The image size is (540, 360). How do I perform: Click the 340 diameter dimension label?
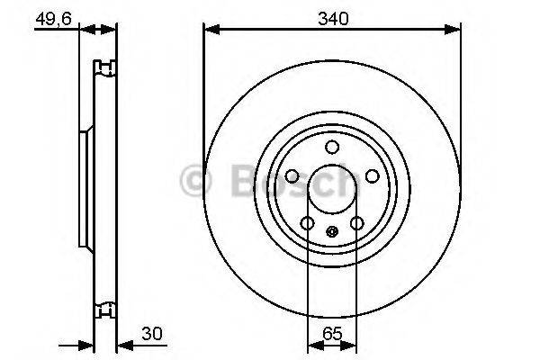331,17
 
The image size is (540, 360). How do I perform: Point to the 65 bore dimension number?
331,332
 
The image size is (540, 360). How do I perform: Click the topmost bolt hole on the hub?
331,148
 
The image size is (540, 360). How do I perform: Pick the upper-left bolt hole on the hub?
292,176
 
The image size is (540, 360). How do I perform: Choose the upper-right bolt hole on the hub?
372,176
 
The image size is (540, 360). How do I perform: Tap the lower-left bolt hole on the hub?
307,223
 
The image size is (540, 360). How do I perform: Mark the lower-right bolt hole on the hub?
356,223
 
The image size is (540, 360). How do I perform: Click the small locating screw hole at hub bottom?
331,230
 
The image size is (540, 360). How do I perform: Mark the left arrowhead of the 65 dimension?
313,344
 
